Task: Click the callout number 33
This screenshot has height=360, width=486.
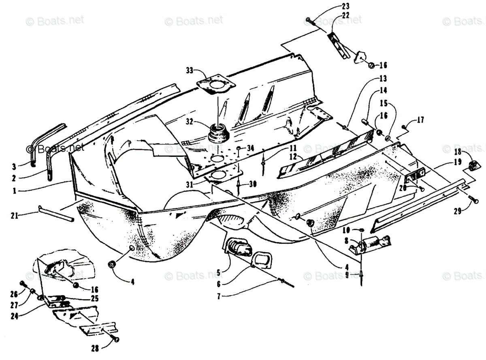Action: click(x=190, y=70)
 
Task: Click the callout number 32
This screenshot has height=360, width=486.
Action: click(x=189, y=121)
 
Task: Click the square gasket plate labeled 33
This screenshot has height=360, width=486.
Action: click(x=216, y=86)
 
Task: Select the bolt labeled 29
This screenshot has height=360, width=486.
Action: click(x=473, y=199)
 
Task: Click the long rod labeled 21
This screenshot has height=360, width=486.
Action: click(x=57, y=213)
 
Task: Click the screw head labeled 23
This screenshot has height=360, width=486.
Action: click(x=309, y=19)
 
